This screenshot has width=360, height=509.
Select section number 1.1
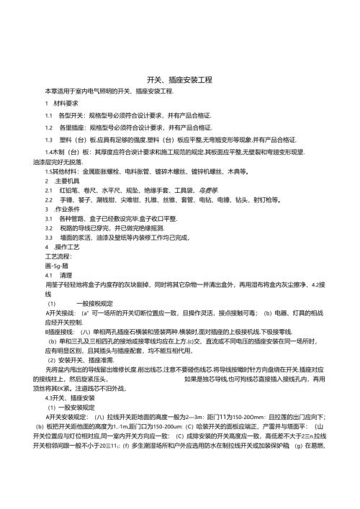coord(49,115)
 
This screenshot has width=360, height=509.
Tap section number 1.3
coord(49,139)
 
